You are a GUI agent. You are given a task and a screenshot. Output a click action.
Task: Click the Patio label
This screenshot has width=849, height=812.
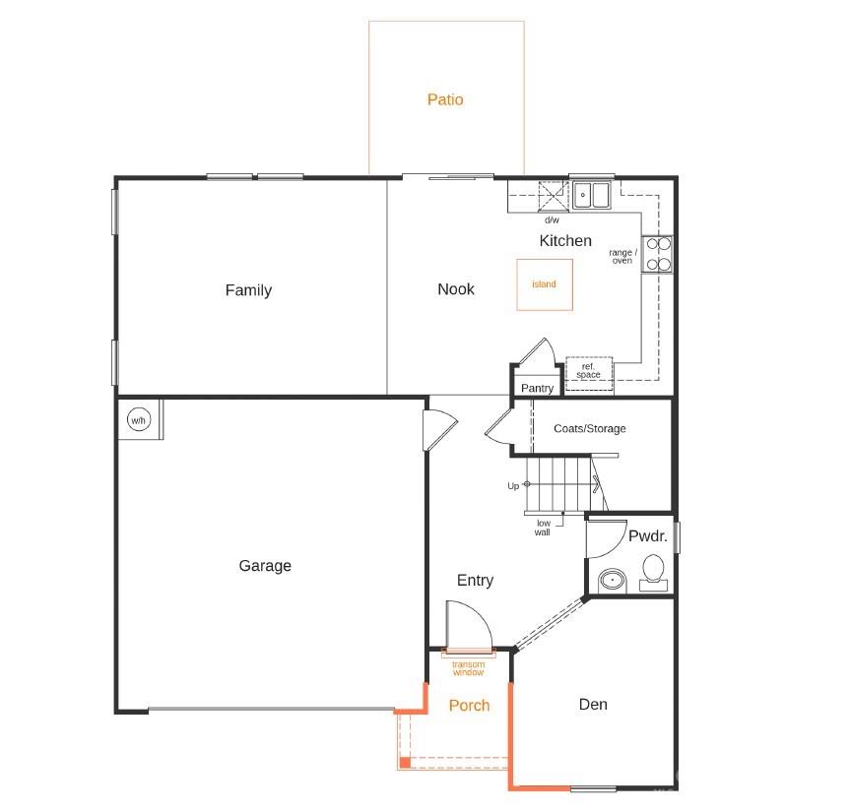pos(445,99)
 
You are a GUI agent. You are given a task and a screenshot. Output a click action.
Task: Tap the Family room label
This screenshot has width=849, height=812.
pos(248,290)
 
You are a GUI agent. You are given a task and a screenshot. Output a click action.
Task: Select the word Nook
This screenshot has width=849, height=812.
pos(456,289)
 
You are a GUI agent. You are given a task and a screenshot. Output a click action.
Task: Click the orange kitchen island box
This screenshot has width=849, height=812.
pos(545,284)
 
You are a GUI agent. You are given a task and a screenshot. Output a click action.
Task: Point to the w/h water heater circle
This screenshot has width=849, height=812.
pos(138,421)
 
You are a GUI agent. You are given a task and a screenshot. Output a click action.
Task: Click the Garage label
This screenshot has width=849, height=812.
pos(265,566)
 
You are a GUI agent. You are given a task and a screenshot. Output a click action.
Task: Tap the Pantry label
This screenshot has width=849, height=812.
pos(537,389)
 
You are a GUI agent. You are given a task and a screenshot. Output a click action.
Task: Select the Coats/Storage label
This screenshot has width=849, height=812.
pos(590,429)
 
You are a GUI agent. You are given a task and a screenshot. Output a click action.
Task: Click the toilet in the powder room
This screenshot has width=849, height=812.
pos(653,572)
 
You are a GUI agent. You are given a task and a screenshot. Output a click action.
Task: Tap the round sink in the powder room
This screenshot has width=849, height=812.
pos(613,580)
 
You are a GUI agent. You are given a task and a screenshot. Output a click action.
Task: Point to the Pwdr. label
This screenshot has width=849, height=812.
pos(648,537)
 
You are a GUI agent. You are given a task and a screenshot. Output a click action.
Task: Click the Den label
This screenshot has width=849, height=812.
pos(593,705)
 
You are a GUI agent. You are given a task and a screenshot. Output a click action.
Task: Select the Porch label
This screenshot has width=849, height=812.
pos(469,706)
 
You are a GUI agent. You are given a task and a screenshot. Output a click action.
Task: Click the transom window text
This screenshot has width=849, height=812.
pos(469,669)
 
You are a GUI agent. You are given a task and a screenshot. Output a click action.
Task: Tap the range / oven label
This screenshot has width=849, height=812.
pos(622,257)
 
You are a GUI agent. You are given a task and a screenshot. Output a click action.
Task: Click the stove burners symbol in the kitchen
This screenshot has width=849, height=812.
pos(658,254)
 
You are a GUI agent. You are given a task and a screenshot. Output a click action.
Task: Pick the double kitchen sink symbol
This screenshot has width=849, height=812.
pos(593,196)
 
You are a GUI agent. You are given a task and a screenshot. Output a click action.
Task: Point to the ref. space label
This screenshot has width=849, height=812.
pos(589,371)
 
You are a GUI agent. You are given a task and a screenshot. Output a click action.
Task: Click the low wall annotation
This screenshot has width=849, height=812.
pos(543,528)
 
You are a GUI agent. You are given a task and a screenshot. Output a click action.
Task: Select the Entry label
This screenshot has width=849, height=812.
pos(475,581)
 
